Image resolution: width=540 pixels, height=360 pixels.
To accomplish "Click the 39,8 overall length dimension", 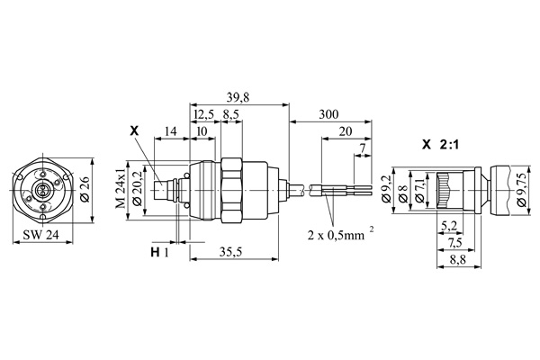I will (238, 96).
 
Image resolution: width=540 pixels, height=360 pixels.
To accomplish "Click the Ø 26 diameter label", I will (85, 190).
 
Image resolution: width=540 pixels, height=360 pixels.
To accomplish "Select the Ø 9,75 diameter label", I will (524, 191).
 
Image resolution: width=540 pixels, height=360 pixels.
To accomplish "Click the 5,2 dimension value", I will (448, 225).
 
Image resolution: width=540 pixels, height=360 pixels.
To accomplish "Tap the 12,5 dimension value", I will (203, 115).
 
